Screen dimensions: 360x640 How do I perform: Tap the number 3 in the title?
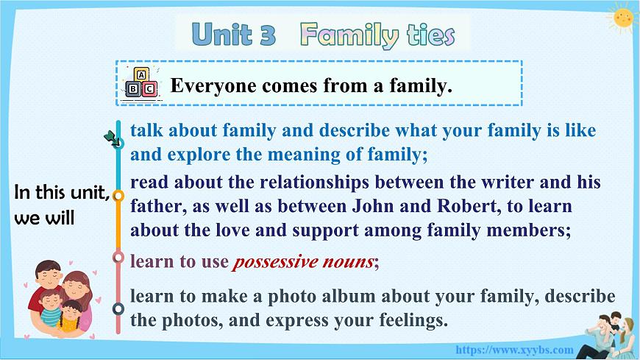pyautogui.click(x=268, y=34)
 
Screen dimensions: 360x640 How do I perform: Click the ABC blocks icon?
pyautogui.click(x=141, y=82)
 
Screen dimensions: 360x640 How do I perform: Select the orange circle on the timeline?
pyautogui.click(x=118, y=197)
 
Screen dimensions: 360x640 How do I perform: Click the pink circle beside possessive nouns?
pyautogui.click(x=118, y=257)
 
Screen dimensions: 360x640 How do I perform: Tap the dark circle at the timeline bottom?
pyautogui.click(x=118, y=308)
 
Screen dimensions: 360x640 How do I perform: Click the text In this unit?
pyautogui.click(x=62, y=194)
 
